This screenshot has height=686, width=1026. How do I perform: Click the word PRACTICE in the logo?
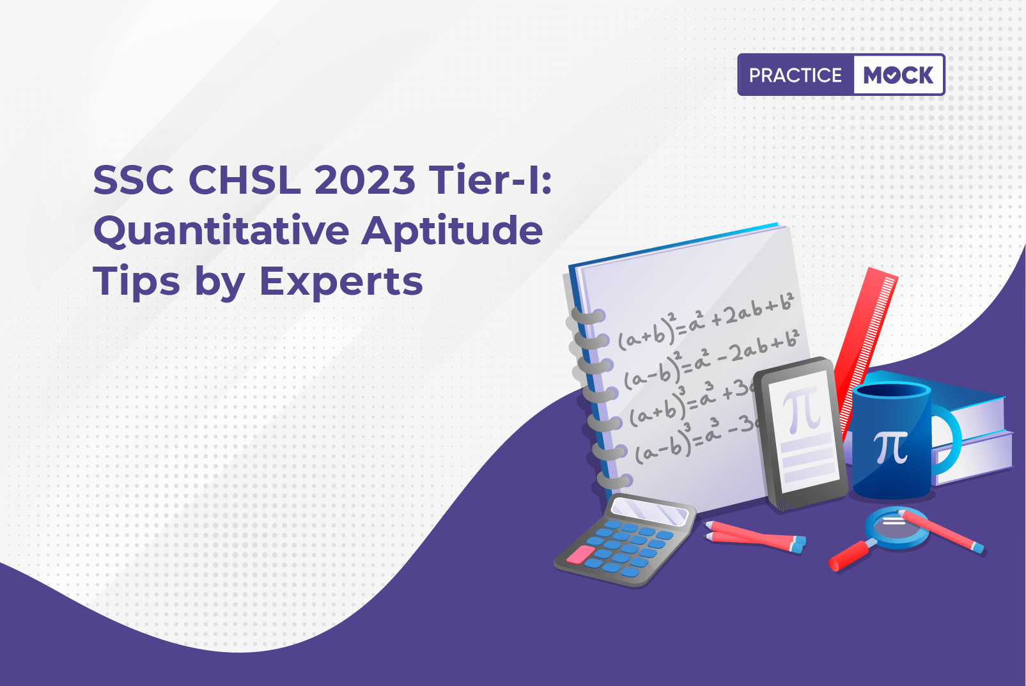pos(795,75)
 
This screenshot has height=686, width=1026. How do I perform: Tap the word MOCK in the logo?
pos(898,75)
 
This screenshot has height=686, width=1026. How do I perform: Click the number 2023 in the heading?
pos(364,180)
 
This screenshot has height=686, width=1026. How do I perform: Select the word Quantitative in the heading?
pos(221,231)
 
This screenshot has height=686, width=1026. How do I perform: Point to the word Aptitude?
pos(451,231)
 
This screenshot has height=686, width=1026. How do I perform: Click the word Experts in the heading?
pos(341,281)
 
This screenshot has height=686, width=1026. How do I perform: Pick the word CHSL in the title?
pos(245,180)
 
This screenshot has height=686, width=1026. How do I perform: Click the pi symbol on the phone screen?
pos(801,409)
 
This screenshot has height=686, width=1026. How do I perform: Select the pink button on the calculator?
pos(580,554)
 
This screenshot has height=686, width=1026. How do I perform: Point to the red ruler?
pos(864,353)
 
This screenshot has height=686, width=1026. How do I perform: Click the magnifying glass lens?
pos(896,527)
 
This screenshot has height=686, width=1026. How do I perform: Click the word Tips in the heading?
pos(137,281)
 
